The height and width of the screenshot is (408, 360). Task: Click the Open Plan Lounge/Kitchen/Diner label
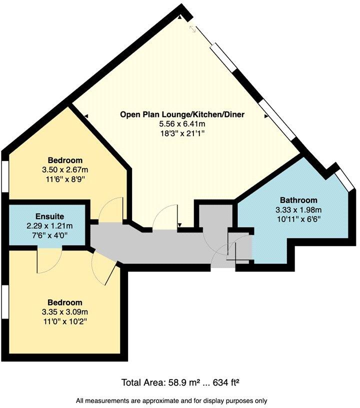tap(182, 114)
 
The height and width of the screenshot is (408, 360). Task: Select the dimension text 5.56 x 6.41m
tap(182, 124)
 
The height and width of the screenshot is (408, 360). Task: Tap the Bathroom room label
tap(298, 199)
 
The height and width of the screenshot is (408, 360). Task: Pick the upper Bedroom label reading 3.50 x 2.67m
tap(65, 170)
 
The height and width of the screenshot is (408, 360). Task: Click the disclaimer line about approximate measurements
tap(171, 400)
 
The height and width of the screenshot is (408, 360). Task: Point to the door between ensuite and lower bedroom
tap(49, 260)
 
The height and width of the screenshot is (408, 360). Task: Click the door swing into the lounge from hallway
tap(165, 219)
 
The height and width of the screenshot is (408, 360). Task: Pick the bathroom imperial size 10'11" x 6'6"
tap(298, 218)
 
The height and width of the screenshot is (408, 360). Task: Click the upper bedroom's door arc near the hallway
tap(111, 209)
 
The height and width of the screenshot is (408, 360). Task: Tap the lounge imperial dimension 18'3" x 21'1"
tap(182, 133)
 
